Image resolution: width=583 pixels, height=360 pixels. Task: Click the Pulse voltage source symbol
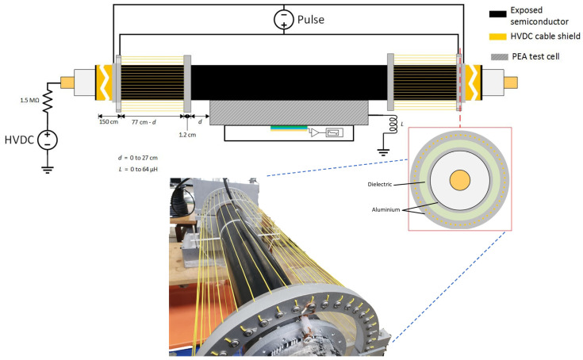[282, 18]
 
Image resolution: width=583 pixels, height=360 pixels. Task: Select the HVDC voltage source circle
[48, 140]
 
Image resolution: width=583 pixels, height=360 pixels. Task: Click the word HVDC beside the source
[19, 140]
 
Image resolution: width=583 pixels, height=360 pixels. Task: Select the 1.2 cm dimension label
[186, 136]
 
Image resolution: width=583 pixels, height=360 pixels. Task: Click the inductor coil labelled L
[389, 127]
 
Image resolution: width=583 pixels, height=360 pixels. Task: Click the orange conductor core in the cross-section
[462, 179]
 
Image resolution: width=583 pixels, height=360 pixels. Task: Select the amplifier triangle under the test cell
[316, 132]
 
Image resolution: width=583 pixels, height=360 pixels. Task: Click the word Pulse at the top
[310, 18]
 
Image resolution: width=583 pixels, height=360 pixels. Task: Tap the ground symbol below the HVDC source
[48, 167]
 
